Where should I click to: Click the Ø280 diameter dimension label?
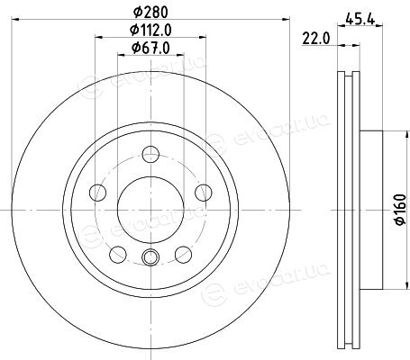pos(150,12)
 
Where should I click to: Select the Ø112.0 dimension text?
pos(150,30)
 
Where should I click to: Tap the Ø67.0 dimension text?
pos(150,48)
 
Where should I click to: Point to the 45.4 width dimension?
pos(360,19)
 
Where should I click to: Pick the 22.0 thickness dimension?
pos(316,39)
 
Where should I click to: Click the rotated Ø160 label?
pos(401,209)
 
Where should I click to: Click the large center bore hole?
pos(150,210)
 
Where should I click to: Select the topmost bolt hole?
pos(150,154)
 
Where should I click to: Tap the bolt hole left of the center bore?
pos(98,193)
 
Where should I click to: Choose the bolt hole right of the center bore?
pos(204,193)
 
